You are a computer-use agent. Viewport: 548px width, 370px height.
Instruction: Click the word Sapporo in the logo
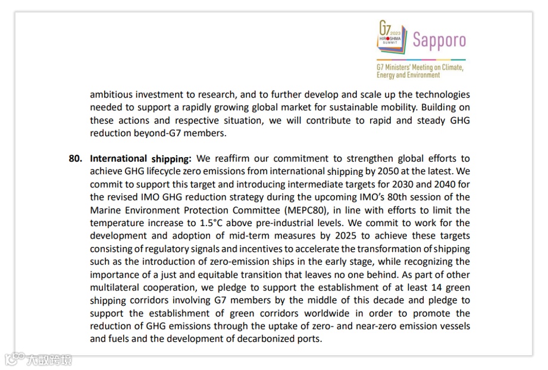pyautogui.click(x=439, y=40)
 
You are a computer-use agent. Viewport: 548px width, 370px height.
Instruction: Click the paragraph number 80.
pyautogui.click(x=75, y=159)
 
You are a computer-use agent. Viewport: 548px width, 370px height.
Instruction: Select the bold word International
pyautogui.click(x=118, y=159)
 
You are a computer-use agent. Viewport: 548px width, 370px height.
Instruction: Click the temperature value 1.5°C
pyautogui.click(x=204, y=223)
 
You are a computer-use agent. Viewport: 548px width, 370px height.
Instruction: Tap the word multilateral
pyautogui.click(x=117, y=287)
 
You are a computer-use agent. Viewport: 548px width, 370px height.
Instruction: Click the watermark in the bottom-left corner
pyautogui.click(x=39, y=360)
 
